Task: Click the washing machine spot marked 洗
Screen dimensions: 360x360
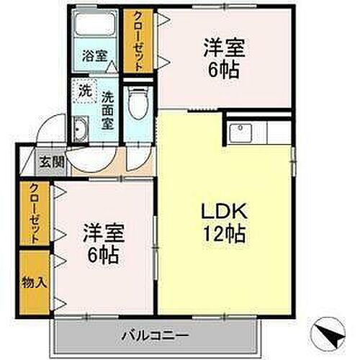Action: [x=85, y=91]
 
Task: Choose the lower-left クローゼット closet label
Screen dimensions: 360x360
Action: [x=35, y=214]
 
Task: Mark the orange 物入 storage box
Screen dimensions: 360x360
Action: [x=34, y=282]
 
